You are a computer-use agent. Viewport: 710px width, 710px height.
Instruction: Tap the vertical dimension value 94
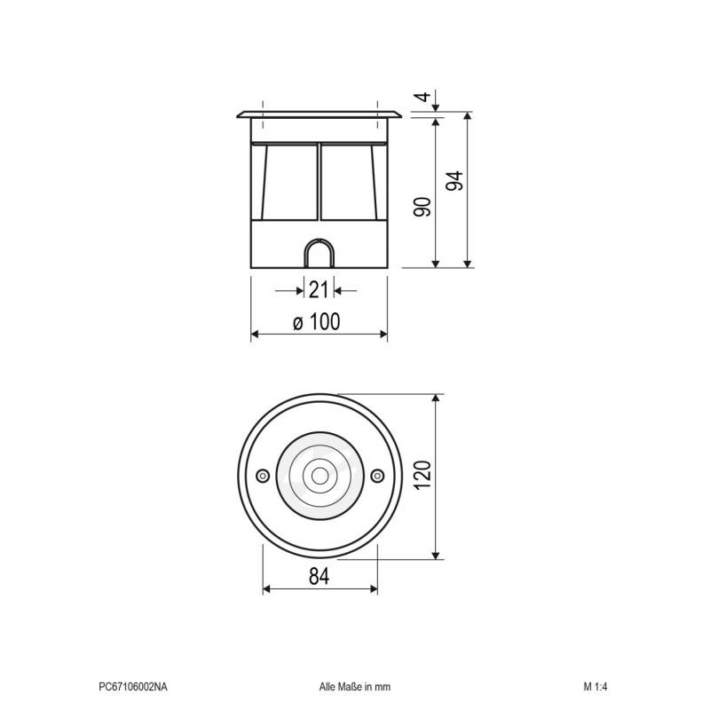(x=454, y=181)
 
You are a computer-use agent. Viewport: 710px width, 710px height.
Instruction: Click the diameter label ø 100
(x=317, y=322)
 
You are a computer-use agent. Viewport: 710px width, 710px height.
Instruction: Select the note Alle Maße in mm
(x=354, y=686)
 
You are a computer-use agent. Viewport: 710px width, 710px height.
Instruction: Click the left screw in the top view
(x=262, y=477)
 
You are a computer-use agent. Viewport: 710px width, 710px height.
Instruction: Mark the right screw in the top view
(x=377, y=477)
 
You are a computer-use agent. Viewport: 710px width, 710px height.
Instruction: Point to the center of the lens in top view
(x=319, y=477)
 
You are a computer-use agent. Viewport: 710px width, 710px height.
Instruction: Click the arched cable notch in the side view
(x=319, y=253)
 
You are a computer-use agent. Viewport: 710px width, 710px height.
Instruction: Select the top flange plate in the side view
(x=319, y=114)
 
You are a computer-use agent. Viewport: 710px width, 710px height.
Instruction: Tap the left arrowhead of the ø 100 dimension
(x=256, y=335)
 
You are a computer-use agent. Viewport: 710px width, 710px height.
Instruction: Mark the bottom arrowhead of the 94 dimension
(x=468, y=262)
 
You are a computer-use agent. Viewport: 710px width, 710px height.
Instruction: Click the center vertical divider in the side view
(x=318, y=182)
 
